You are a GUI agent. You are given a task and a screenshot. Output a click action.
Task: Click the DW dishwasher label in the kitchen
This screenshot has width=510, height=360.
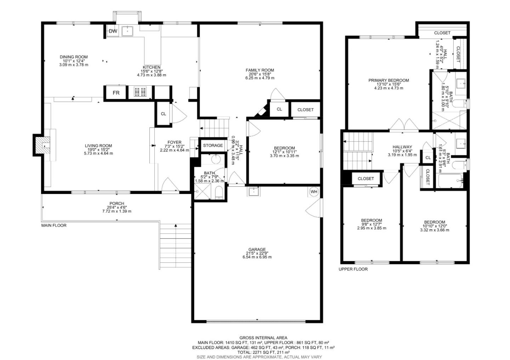coord(113,31)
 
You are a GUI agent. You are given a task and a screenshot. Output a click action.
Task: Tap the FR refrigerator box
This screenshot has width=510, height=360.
coord(116,93)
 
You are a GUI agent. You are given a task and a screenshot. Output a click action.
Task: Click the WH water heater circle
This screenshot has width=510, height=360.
coord(314,192)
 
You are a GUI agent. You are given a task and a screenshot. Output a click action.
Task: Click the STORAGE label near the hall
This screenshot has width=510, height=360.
coord(213,145)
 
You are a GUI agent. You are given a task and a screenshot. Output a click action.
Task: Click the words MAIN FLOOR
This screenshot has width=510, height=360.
coord(54,225)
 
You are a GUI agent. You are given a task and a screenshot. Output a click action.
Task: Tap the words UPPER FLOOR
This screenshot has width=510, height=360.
coord(353,269)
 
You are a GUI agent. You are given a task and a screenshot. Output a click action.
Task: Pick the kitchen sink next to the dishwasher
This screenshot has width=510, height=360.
coord(127,31)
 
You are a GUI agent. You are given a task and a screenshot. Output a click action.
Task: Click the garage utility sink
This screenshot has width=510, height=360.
coord(253,192)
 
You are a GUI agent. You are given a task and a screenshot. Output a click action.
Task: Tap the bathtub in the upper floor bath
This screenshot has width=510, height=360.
coord(450,181)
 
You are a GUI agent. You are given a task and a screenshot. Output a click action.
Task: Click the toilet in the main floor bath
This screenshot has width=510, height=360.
coord(219,193)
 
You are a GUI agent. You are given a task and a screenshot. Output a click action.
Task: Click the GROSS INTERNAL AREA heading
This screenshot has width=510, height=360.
coord(263,338)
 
